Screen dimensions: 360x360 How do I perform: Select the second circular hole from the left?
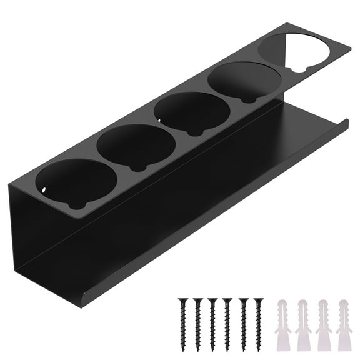[136, 147]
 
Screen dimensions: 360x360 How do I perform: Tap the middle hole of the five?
[192, 113]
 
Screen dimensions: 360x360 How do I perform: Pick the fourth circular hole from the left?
[244, 82]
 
